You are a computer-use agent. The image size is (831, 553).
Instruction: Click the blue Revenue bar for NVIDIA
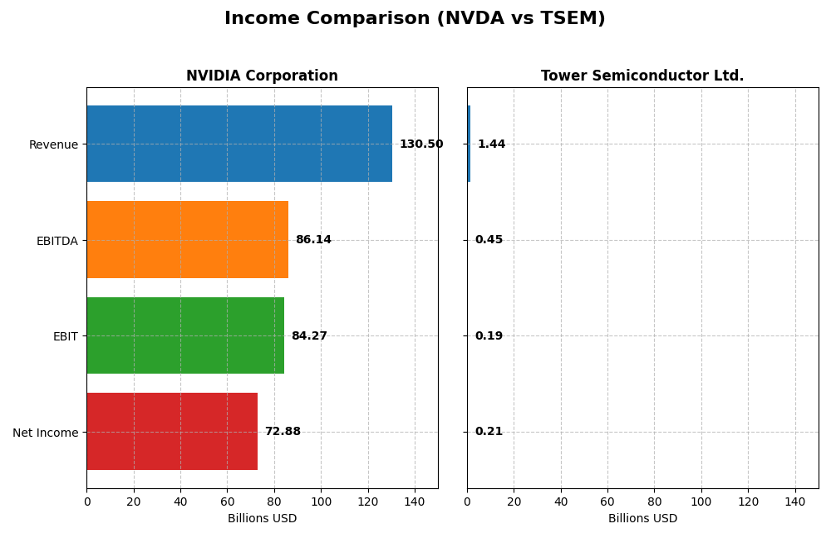239,144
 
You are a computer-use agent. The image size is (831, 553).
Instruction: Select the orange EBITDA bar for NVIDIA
187,239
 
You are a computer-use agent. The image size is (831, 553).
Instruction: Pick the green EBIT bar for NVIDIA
185,335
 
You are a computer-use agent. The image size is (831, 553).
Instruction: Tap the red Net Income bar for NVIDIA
172,431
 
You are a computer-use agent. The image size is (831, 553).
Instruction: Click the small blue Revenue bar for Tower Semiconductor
469,144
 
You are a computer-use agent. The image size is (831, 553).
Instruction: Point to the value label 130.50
420,144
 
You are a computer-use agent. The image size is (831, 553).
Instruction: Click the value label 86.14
313,240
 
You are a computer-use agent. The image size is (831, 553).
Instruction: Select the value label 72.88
283,432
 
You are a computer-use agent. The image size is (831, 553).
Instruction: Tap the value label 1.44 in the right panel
491,144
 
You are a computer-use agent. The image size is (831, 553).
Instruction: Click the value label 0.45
489,240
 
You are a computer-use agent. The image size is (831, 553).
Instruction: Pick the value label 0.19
489,336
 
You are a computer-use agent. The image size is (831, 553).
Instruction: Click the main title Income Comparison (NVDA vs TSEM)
415,19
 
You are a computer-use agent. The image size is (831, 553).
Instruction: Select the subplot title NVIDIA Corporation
262,76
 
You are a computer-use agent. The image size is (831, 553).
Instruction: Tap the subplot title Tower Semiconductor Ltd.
642,76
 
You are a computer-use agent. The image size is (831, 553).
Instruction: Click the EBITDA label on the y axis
57,241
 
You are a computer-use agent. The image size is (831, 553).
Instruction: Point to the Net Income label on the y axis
46,433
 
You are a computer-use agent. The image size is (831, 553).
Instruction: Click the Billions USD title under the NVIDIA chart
262,519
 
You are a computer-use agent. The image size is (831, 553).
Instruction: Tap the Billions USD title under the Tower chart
642,519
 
